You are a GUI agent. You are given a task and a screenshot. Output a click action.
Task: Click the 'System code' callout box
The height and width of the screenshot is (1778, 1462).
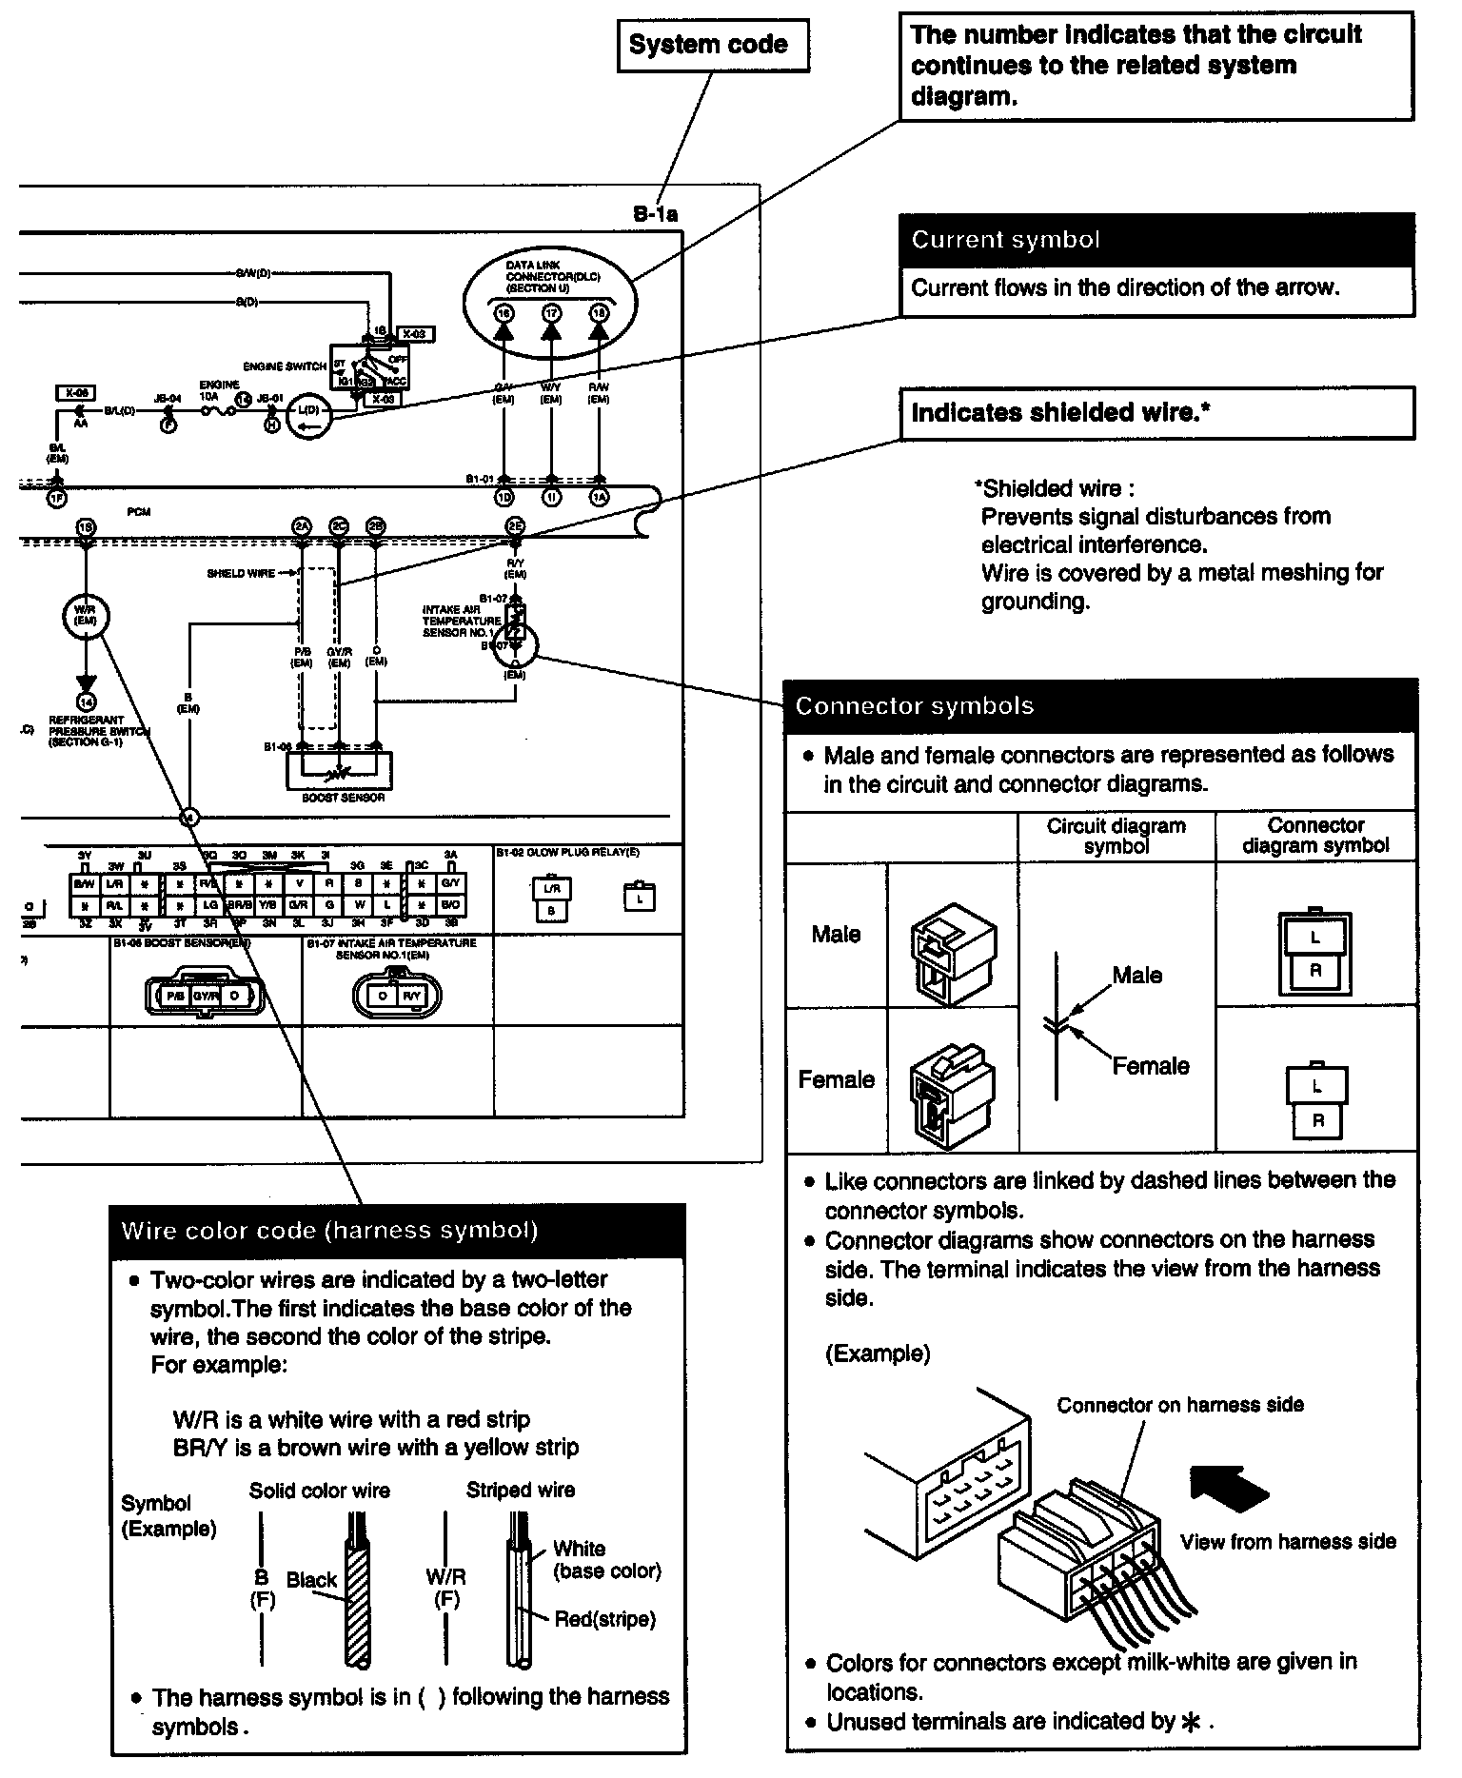coord(713,45)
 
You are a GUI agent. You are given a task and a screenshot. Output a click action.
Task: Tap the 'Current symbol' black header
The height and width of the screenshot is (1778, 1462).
coord(1156,240)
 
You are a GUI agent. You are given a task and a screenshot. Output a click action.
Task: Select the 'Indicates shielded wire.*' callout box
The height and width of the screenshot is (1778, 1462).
coord(1156,413)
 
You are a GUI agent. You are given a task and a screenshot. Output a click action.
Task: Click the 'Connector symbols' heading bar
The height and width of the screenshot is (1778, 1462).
coord(1099,706)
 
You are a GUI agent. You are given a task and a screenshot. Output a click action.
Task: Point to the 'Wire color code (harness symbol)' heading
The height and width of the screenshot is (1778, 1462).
coord(398,1231)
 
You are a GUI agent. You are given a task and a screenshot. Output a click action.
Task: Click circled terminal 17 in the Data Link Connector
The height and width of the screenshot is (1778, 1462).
coord(551,313)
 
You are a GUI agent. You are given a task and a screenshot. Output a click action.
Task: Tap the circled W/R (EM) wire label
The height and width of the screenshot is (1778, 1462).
coord(86,618)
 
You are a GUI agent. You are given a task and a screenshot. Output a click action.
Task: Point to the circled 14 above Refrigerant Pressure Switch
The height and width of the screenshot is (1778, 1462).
coord(87,702)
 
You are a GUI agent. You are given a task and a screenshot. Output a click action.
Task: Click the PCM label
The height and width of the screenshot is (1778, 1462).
coord(139,512)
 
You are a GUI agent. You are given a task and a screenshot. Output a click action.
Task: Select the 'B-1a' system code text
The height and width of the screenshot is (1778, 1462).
coord(655,215)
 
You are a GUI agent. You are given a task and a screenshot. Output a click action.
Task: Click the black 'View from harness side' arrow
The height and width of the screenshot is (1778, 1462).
coord(1229,1489)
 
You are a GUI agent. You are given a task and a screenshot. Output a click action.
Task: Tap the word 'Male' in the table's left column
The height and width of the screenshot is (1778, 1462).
coord(836,935)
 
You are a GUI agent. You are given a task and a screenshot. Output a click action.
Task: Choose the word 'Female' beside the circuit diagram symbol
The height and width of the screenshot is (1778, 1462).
coord(1150,1066)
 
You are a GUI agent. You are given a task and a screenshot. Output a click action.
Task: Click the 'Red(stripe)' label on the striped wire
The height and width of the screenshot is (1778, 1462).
coord(605,1619)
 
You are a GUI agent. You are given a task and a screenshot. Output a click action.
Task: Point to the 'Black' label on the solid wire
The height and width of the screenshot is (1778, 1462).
coord(311,1580)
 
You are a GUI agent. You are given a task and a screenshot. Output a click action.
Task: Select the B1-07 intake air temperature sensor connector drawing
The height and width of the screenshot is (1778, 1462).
coord(398,996)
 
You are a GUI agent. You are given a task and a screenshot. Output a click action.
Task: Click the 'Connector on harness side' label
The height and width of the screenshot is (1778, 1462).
coord(1180,1405)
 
